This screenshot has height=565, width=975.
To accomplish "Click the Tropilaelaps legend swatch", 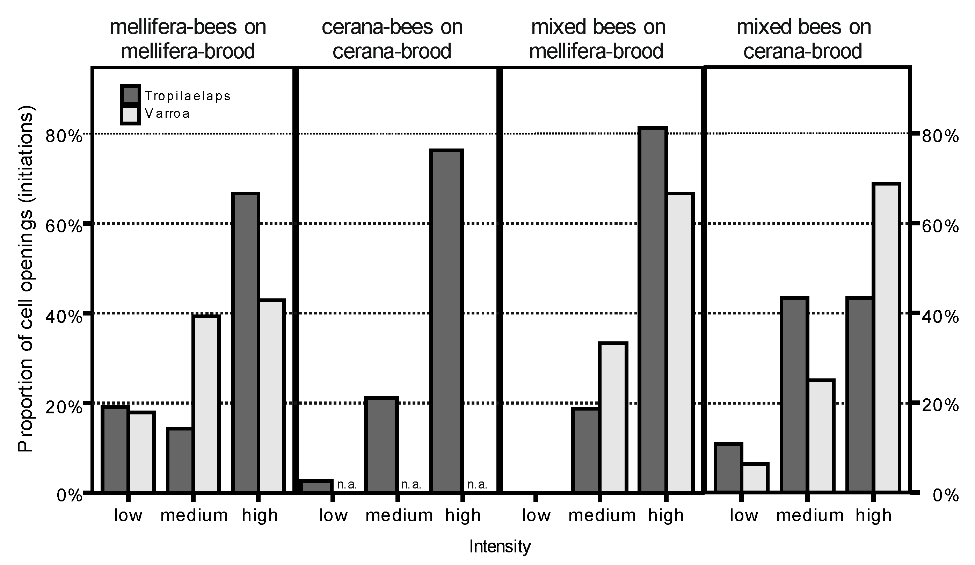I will [x=130, y=95].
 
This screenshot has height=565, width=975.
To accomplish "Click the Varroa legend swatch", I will [x=130, y=115].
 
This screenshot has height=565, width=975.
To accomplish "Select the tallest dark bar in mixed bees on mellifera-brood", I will [x=652, y=310].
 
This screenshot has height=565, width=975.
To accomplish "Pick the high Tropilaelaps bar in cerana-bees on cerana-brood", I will [x=446, y=321].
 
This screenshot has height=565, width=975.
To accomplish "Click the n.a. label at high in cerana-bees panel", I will [x=477, y=485].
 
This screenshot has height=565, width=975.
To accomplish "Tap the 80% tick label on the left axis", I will [x=64, y=136].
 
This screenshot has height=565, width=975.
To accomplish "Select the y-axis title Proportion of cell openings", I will [x=26, y=278].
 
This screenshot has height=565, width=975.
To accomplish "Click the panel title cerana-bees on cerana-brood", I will [x=392, y=39].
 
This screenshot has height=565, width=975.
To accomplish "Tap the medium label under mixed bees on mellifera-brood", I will [x=602, y=515].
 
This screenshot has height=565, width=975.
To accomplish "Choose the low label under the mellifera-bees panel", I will [x=128, y=515].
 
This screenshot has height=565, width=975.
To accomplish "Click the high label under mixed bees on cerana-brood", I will [x=874, y=515].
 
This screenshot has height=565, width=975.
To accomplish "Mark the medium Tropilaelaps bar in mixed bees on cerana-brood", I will [x=794, y=395].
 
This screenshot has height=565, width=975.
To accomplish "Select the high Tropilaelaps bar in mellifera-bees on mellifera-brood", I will [x=245, y=342].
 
